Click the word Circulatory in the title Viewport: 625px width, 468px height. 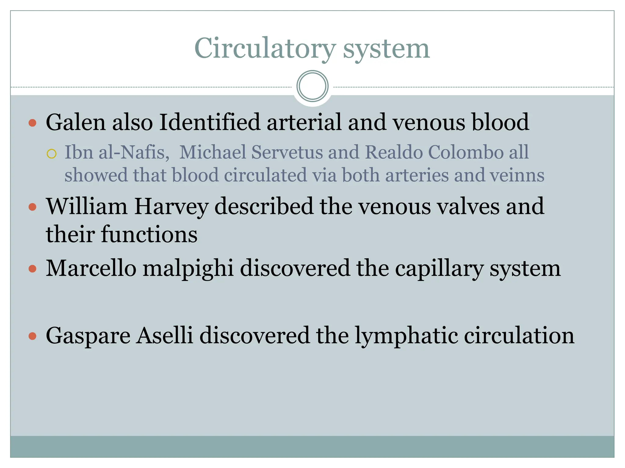pos(265,49)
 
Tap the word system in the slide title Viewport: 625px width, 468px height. pos(386,49)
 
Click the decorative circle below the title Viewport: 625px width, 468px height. pos(312,86)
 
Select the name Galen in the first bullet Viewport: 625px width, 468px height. pos(76,122)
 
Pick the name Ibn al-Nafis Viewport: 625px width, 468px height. pos(117,152)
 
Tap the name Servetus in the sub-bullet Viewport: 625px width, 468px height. pos(287,152)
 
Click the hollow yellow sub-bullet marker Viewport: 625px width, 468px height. pos(52,154)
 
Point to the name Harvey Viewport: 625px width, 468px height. pos(171,207)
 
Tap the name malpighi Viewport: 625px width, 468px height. pos(188,268)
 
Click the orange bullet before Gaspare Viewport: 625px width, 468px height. pos(32,336)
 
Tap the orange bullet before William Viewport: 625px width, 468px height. pos(32,207)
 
